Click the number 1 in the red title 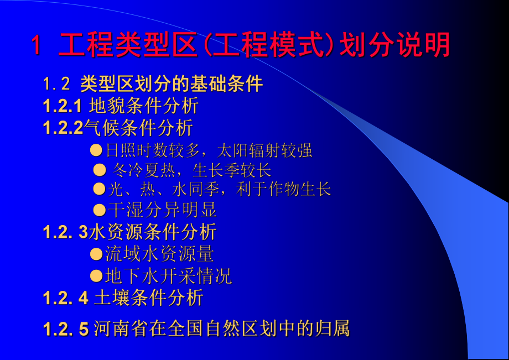(x=36, y=46)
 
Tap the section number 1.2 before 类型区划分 (x=57, y=84)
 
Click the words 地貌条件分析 (x=143, y=106)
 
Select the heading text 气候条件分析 (x=138, y=128)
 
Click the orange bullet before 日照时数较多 (x=97, y=150)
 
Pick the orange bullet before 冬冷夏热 (x=99, y=170)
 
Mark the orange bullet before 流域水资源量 (x=97, y=254)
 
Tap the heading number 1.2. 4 (x=65, y=298)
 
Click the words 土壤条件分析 (x=148, y=298)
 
